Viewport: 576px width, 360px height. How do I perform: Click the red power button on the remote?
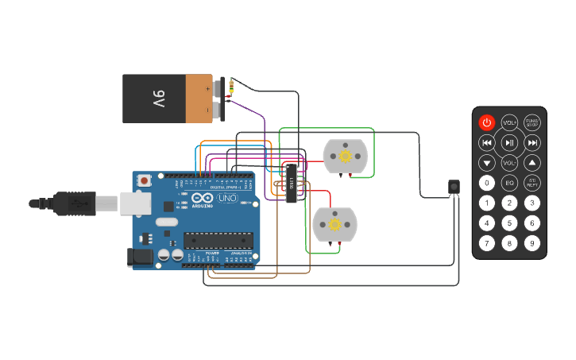(487, 122)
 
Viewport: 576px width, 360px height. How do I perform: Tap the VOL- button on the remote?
(509, 163)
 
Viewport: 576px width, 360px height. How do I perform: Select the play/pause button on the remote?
(509, 143)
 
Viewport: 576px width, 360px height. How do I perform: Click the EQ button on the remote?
(509, 183)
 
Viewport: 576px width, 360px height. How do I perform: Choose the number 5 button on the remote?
(509, 223)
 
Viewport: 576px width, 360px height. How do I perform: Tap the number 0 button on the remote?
(487, 183)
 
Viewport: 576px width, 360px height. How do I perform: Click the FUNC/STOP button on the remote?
(532, 122)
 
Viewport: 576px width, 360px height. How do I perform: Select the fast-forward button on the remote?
(532, 143)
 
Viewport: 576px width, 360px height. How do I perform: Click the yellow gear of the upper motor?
(345, 157)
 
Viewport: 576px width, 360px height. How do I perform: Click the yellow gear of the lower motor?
(334, 225)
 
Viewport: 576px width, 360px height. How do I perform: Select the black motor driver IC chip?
(292, 184)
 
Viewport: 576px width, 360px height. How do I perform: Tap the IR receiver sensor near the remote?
(454, 187)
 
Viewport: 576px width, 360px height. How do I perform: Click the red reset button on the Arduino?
(144, 180)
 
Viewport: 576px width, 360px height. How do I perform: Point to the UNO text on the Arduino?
(227, 198)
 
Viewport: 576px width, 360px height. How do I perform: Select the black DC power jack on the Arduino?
(140, 256)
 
